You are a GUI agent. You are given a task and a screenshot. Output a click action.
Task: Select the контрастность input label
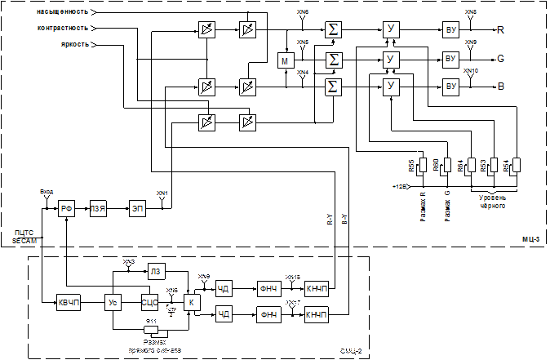click(x=63, y=28)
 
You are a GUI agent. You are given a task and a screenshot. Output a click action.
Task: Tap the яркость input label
click(x=74, y=44)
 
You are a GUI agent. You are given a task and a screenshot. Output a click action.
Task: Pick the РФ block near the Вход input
click(x=68, y=210)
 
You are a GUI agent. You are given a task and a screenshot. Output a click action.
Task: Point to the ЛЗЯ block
click(x=99, y=210)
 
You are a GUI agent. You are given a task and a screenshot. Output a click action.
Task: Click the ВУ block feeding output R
click(x=450, y=30)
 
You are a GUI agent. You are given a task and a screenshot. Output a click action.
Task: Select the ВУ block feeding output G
click(x=450, y=59)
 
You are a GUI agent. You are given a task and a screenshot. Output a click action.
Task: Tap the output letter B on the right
click(x=501, y=86)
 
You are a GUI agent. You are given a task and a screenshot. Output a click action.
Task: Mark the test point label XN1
click(x=162, y=193)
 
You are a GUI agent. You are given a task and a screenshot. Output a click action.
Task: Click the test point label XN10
click(x=471, y=71)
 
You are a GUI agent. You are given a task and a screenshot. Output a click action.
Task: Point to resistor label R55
click(x=412, y=167)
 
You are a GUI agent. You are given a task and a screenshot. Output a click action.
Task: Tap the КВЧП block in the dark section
click(x=69, y=303)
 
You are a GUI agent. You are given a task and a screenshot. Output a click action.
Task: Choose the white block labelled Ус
click(x=114, y=303)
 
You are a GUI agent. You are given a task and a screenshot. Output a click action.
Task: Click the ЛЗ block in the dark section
click(x=156, y=271)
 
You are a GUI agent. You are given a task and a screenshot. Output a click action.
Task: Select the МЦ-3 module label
click(x=530, y=239)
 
